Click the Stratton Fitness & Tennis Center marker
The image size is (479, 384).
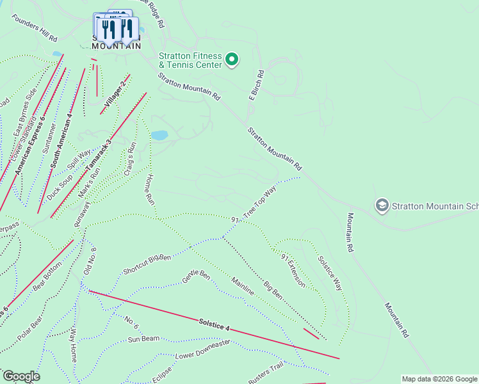pos(232,60)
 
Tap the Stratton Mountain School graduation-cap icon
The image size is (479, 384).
pos(382,205)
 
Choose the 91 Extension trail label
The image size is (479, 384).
pos(293,269)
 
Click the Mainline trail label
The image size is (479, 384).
pos(243,285)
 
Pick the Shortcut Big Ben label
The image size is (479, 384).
pos(147,265)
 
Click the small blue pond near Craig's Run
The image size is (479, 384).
pos(159,135)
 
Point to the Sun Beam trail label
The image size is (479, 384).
pos(143,339)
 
